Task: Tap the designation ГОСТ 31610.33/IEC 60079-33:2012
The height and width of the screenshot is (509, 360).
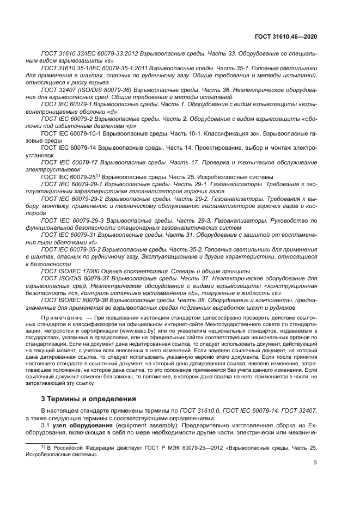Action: pyautogui.click(x=88, y=54)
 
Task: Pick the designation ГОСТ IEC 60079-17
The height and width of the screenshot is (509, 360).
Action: pyautogui.click(x=69, y=162)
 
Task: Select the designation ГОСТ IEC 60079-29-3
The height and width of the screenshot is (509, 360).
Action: pyautogui.click(x=73, y=220)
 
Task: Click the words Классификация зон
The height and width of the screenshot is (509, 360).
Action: pyautogui.click(x=235, y=132)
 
